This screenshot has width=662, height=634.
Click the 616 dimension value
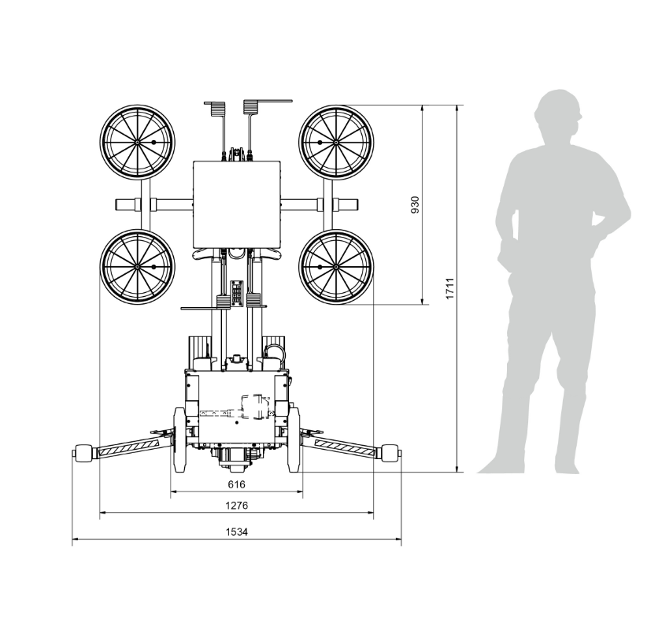tap(236, 484)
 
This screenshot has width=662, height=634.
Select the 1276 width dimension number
tap(236, 505)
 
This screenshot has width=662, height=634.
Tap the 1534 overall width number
tap(236, 532)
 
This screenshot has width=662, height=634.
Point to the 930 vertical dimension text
tap(416, 205)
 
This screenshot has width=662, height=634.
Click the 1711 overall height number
tap(450, 288)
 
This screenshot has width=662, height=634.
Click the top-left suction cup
tap(138, 143)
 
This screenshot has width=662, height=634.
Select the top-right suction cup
tap(336, 143)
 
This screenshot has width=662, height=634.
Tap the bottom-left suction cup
tap(138, 267)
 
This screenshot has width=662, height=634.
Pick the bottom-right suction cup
tap(336, 267)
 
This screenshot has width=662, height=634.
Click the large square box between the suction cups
tap(237, 205)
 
